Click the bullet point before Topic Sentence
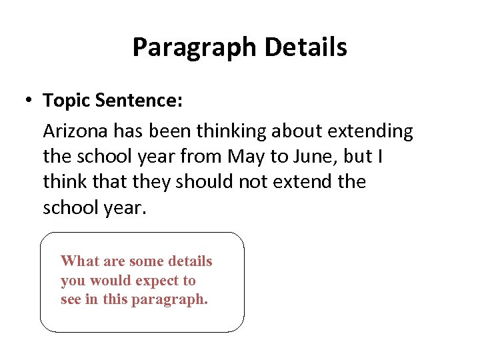28,101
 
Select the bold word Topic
67,101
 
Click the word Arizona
76,131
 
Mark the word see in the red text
71,300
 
